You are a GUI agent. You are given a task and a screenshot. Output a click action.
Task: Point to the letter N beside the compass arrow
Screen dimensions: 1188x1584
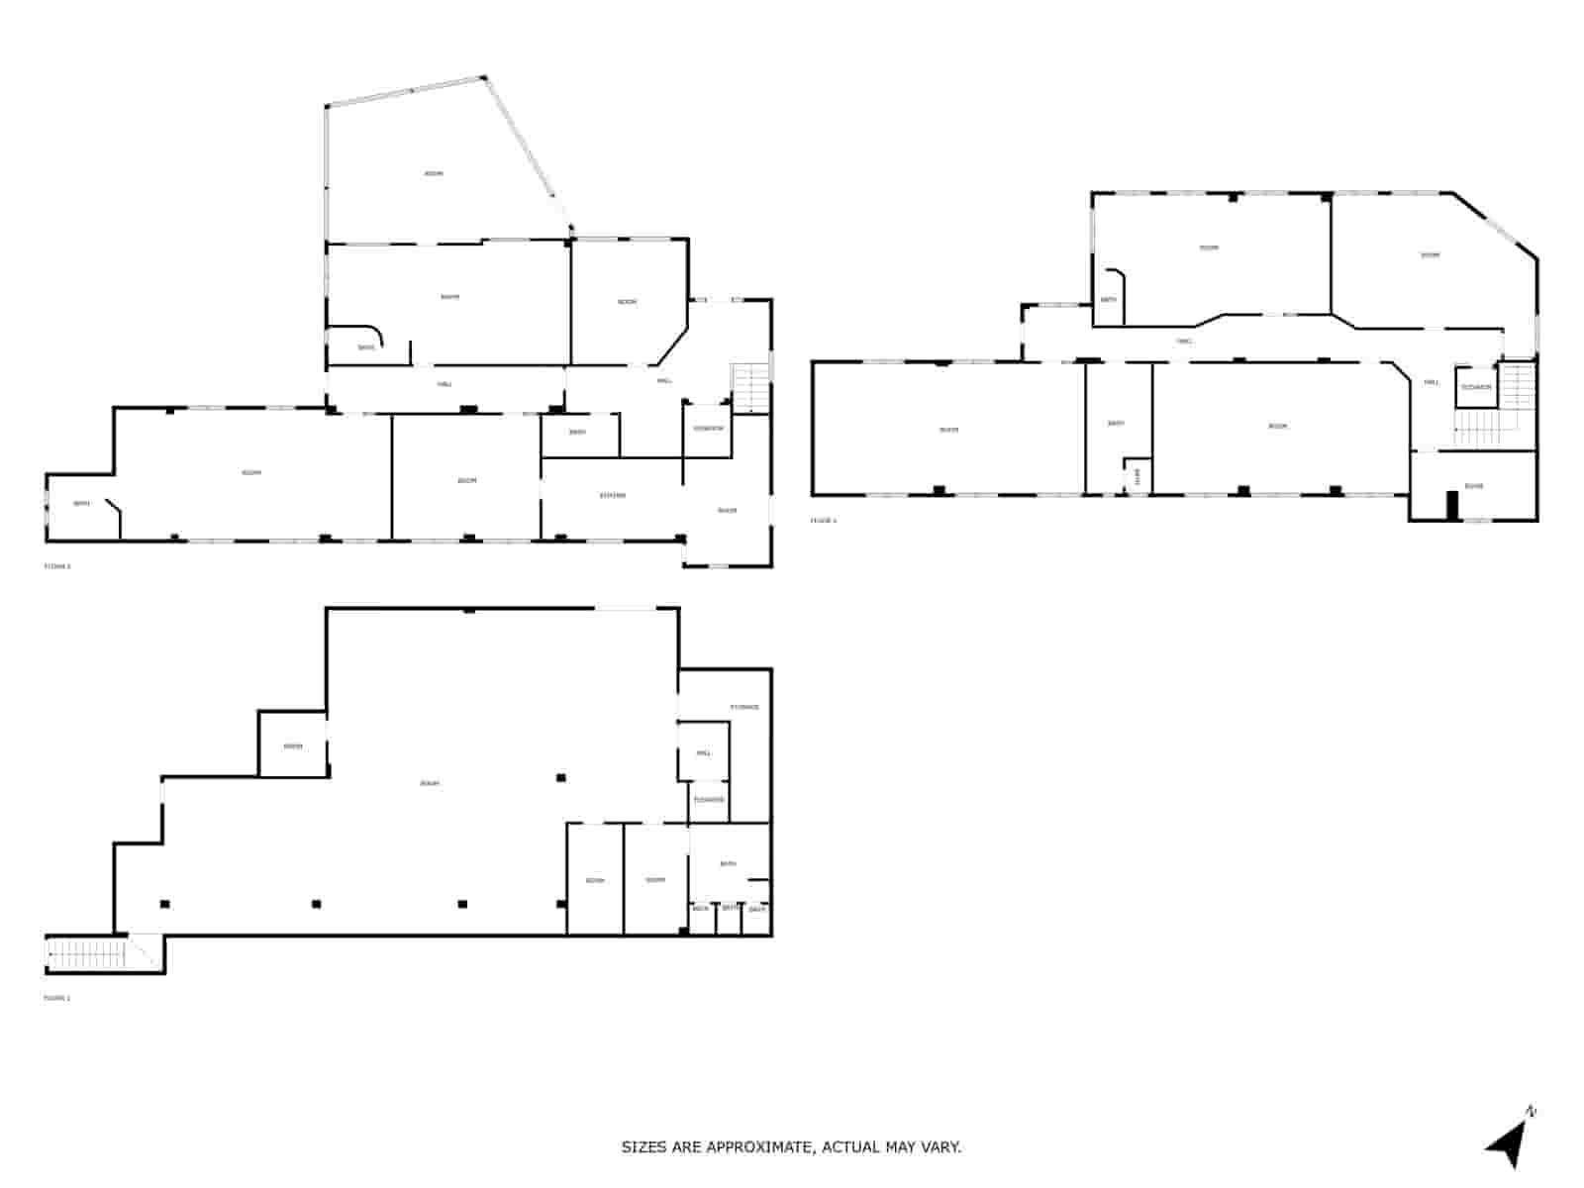pos(1532,1112)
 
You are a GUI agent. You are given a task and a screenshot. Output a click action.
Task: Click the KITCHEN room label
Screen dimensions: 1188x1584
pos(613,495)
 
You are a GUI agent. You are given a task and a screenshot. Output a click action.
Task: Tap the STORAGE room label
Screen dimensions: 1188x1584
pos(744,707)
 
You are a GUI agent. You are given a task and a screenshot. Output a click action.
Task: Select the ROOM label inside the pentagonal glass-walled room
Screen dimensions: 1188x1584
pos(434,173)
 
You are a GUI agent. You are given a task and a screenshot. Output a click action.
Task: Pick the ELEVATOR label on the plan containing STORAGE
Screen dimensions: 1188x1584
pos(709,799)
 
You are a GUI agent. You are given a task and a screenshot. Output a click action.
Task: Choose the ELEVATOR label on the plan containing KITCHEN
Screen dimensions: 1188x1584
pos(709,428)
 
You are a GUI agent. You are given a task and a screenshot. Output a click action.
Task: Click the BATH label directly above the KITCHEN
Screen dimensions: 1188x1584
pos(577,432)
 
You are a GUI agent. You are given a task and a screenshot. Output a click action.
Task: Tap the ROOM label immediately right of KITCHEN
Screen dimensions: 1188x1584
pos(728,511)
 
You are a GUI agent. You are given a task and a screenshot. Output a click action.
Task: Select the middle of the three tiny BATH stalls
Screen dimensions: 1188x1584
pos(730,908)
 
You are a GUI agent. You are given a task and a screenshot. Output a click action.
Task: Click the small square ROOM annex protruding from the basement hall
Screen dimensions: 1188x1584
pos(292,746)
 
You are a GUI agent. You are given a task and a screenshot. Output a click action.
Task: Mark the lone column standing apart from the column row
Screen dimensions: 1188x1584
pos(560,778)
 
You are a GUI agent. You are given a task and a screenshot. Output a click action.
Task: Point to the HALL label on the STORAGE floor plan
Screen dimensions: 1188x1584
pos(704,752)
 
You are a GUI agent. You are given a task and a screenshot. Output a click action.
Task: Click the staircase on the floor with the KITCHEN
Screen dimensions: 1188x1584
pos(750,388)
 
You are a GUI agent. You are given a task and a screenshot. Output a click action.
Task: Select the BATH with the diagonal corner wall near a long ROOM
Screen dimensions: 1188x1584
pos(82,504)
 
